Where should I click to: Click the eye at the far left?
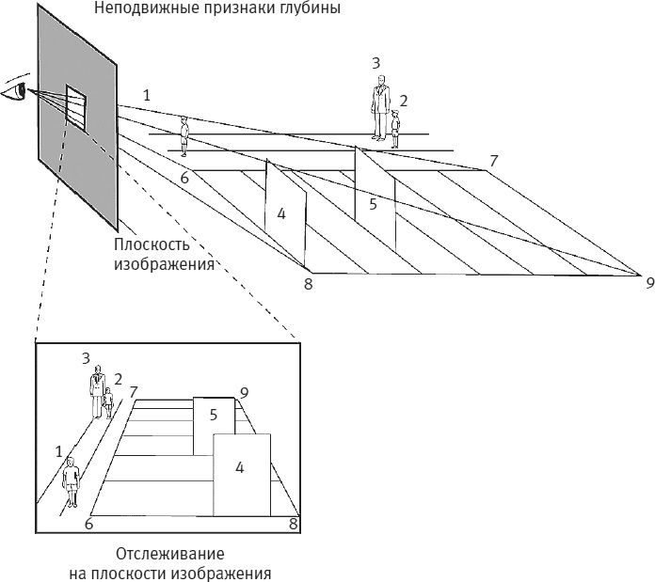click(x=13, y=90)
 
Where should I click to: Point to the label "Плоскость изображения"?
click(x=160, y=255)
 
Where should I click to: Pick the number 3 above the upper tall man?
click(x=375, y=63)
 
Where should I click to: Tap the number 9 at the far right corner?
click(x=648, y=280)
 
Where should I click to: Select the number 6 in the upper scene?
click(x=184, y=178)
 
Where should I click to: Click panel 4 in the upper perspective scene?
click(x=284, y=214)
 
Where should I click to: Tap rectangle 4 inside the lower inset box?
click(x=241, y=475)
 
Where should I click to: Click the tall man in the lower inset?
click(x=97, y=393)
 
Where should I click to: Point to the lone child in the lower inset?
click(x=71, y=483)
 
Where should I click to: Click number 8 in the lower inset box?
click(x=293, y=523)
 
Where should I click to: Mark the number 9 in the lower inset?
click(x=244, y=392)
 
